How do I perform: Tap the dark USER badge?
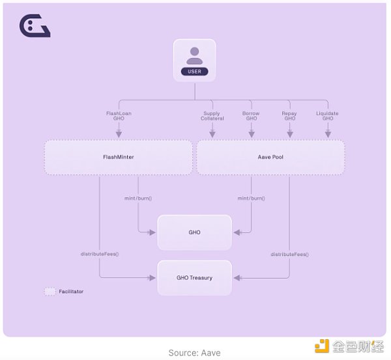pos(194,71)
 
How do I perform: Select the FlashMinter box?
pos(119,157)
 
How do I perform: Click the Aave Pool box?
pos(270,157)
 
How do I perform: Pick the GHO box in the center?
pos(194,232)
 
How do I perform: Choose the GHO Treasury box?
pos(194,278)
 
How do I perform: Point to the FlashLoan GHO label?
pos(119,116)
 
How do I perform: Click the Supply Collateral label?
pos(212,116)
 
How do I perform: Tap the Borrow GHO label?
pos(251,116)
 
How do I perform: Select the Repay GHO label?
pos(289,116)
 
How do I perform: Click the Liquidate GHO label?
pos(327,116)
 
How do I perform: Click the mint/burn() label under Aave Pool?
pos(251,197)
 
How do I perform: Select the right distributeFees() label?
pos(289,254)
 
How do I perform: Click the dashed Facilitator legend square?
pos(50,292)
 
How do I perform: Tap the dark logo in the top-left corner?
pos(35,27)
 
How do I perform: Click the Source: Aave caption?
pos(194,353)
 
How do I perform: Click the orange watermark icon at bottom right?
pos(321,347)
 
